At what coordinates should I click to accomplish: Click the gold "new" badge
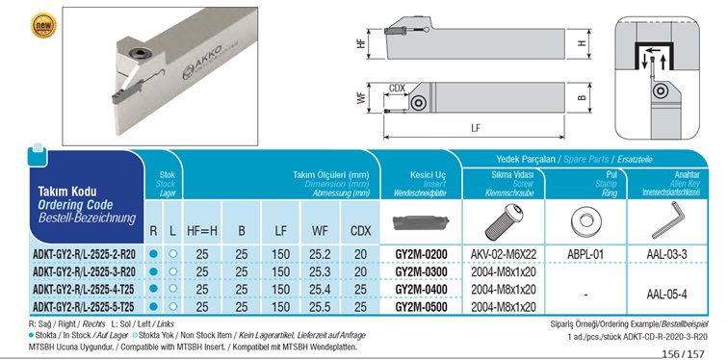tap(43, 26)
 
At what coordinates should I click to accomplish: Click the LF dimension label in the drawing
tap(476, 129)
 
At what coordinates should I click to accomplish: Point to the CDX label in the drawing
tap(397, 89)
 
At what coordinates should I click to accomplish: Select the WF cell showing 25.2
tap(320, 254)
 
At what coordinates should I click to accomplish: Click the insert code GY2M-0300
tap(421, 271)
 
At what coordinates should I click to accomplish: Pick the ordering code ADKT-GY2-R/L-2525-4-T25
tap(84, 290)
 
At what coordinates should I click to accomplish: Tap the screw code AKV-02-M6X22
tap(504, 254)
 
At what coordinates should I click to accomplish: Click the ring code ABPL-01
tap(585, 254)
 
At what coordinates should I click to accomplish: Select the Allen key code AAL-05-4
tap(666, 295)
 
